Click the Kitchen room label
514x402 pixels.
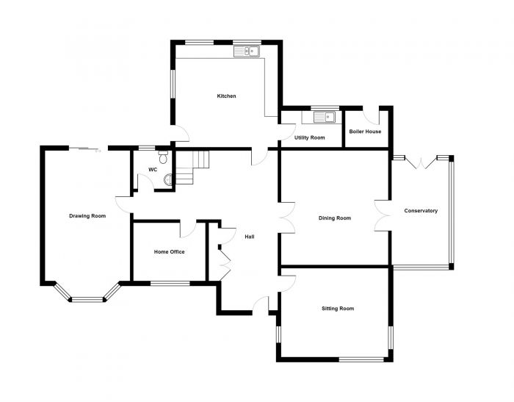(x=226, y=96)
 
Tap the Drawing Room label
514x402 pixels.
(x=87, y=216)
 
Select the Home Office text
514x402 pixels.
(x=169, y=251)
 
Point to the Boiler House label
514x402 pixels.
(x=365, y=132)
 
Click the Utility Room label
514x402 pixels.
(x=309, y=137)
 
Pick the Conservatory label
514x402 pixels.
(x=421, y=211)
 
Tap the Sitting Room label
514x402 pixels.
(x=338, y=309)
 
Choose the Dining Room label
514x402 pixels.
(x=335, y=218)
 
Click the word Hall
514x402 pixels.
(x=250, y=237)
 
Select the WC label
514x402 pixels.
(x=153, y=170)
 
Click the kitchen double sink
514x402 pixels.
(x=247, y=51)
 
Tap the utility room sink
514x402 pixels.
(x=325, y=117)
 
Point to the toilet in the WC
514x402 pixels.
(x=163, y=157)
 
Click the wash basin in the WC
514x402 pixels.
(x=167, y=180)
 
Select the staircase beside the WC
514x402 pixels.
(x=192, y=168)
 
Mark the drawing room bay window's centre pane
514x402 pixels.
(x=87, y=299)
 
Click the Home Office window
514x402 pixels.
(x=170, y=284)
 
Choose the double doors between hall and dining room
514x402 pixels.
(x=287, y=218)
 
